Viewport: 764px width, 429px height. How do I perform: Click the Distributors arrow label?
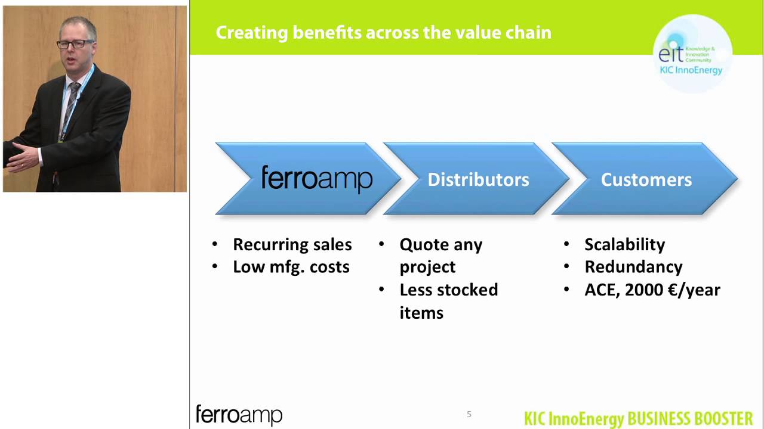pos(478,179)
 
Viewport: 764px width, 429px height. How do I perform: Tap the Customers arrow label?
pos(646,179)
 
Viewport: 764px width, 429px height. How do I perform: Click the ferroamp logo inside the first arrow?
pos(317,179)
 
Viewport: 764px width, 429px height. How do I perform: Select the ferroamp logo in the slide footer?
pos(239,415)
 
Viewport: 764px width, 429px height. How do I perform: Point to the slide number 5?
pos(469,414)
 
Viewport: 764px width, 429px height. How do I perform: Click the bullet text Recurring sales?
pos(292,244)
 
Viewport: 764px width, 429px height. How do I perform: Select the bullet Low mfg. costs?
pos(291,267)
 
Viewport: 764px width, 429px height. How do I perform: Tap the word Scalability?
pos(624,244)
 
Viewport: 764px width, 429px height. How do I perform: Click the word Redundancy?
pos(633,267)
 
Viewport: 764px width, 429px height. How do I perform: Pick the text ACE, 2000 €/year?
pos(652,290)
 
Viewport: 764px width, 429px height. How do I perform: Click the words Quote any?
pos(440,244)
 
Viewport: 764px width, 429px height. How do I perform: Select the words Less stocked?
pos(448,290)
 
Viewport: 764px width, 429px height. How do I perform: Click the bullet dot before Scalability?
pos(566,244)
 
